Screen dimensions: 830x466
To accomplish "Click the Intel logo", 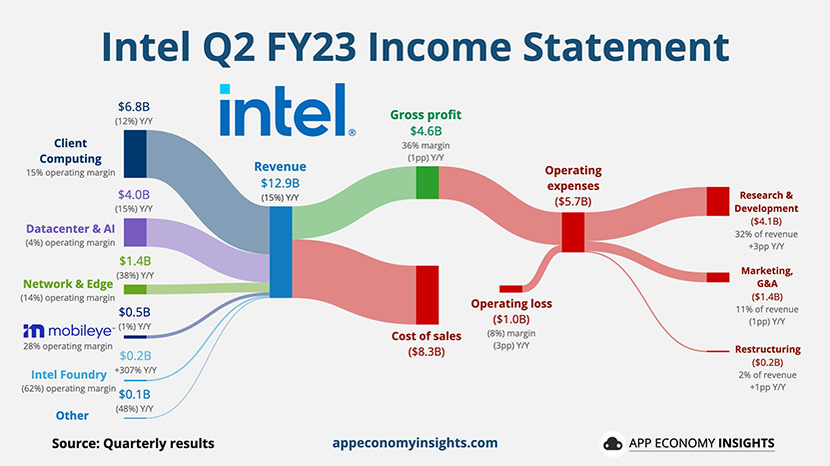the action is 288,110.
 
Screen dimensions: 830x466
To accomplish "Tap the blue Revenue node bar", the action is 281,252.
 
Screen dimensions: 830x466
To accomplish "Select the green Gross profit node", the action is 427,183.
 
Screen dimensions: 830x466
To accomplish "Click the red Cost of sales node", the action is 427,295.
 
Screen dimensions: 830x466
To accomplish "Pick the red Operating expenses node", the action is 572,232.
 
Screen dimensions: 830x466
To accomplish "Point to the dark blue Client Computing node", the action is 135,154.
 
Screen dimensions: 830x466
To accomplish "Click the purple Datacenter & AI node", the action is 135,232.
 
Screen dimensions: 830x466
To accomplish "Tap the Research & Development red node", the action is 718,201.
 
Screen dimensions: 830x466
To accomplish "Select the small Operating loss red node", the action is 510,289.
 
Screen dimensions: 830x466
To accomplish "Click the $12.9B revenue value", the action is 280,183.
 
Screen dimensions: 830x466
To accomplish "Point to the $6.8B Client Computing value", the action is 134,107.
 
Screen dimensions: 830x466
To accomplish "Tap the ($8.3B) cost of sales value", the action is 426,351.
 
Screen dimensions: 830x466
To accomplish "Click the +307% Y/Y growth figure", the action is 136,370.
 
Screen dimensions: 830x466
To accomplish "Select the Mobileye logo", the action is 68,331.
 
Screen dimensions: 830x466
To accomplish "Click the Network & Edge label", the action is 68,284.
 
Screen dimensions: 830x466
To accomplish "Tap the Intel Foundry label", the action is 69,375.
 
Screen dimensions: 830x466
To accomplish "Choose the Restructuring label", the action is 767,349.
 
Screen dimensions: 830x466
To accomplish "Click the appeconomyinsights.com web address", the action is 415,443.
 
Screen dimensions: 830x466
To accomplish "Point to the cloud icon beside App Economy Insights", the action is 613,443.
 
